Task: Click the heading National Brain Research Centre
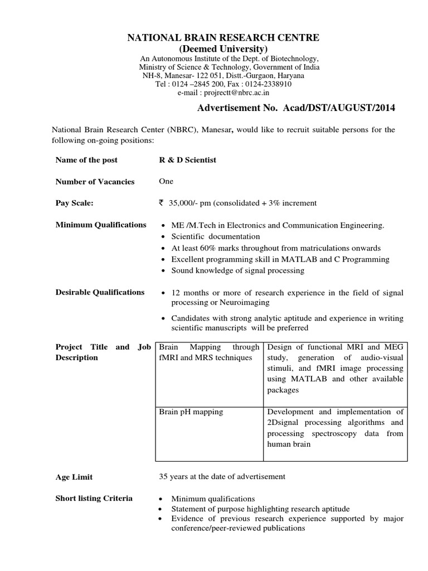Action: (x=223, y=38)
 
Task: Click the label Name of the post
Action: (x=86, y=160)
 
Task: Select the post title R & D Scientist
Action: (x=188, y=160)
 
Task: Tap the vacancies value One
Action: (x=166, y=181)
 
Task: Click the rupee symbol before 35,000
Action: (x=162, y=203)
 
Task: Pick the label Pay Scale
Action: (x=75, y=204)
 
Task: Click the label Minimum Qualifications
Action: (x=101, y=225)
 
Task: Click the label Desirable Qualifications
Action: (x=100, y=292)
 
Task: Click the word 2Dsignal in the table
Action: (x=284, y=423)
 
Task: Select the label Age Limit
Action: (x=74, y=477)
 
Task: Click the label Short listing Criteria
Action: (x=94, y=498)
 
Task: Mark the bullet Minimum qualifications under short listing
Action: (x=213, y=499)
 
